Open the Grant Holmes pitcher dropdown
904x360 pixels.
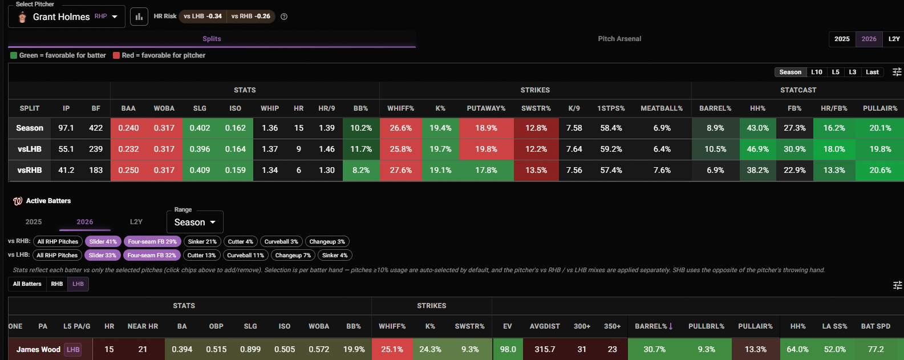(x=67, y=17)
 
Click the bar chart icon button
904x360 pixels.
(x=139, y=17)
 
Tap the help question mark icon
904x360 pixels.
(x=284, y=17)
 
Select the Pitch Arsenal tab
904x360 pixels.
(x=619, y=39)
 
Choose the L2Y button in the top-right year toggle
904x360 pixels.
(x=894, y=39)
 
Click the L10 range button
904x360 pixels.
(x=816, y=72)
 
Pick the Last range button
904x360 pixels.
(x=872, y=72)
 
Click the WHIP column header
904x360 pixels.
(x=270, y=108)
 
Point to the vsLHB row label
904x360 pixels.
(x=30, y=149)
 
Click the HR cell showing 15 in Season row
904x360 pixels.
(x=299, y=128)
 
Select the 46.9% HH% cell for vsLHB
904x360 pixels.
(x=757, y=149)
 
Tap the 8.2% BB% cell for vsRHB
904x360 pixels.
(x=361, y=170)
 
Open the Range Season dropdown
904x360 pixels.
(x=195, y=222)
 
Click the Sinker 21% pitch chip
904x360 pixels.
(x=202, y=241)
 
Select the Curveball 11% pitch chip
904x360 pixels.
(x=245, y=255)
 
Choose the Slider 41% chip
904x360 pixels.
(x=103, y=241)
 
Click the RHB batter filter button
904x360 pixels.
(x=57, y=284)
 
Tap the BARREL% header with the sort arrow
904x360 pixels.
(x=654, y=326)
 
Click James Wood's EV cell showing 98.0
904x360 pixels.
(x=508, y=349)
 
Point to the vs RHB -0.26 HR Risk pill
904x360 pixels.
(x=250, y=17)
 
